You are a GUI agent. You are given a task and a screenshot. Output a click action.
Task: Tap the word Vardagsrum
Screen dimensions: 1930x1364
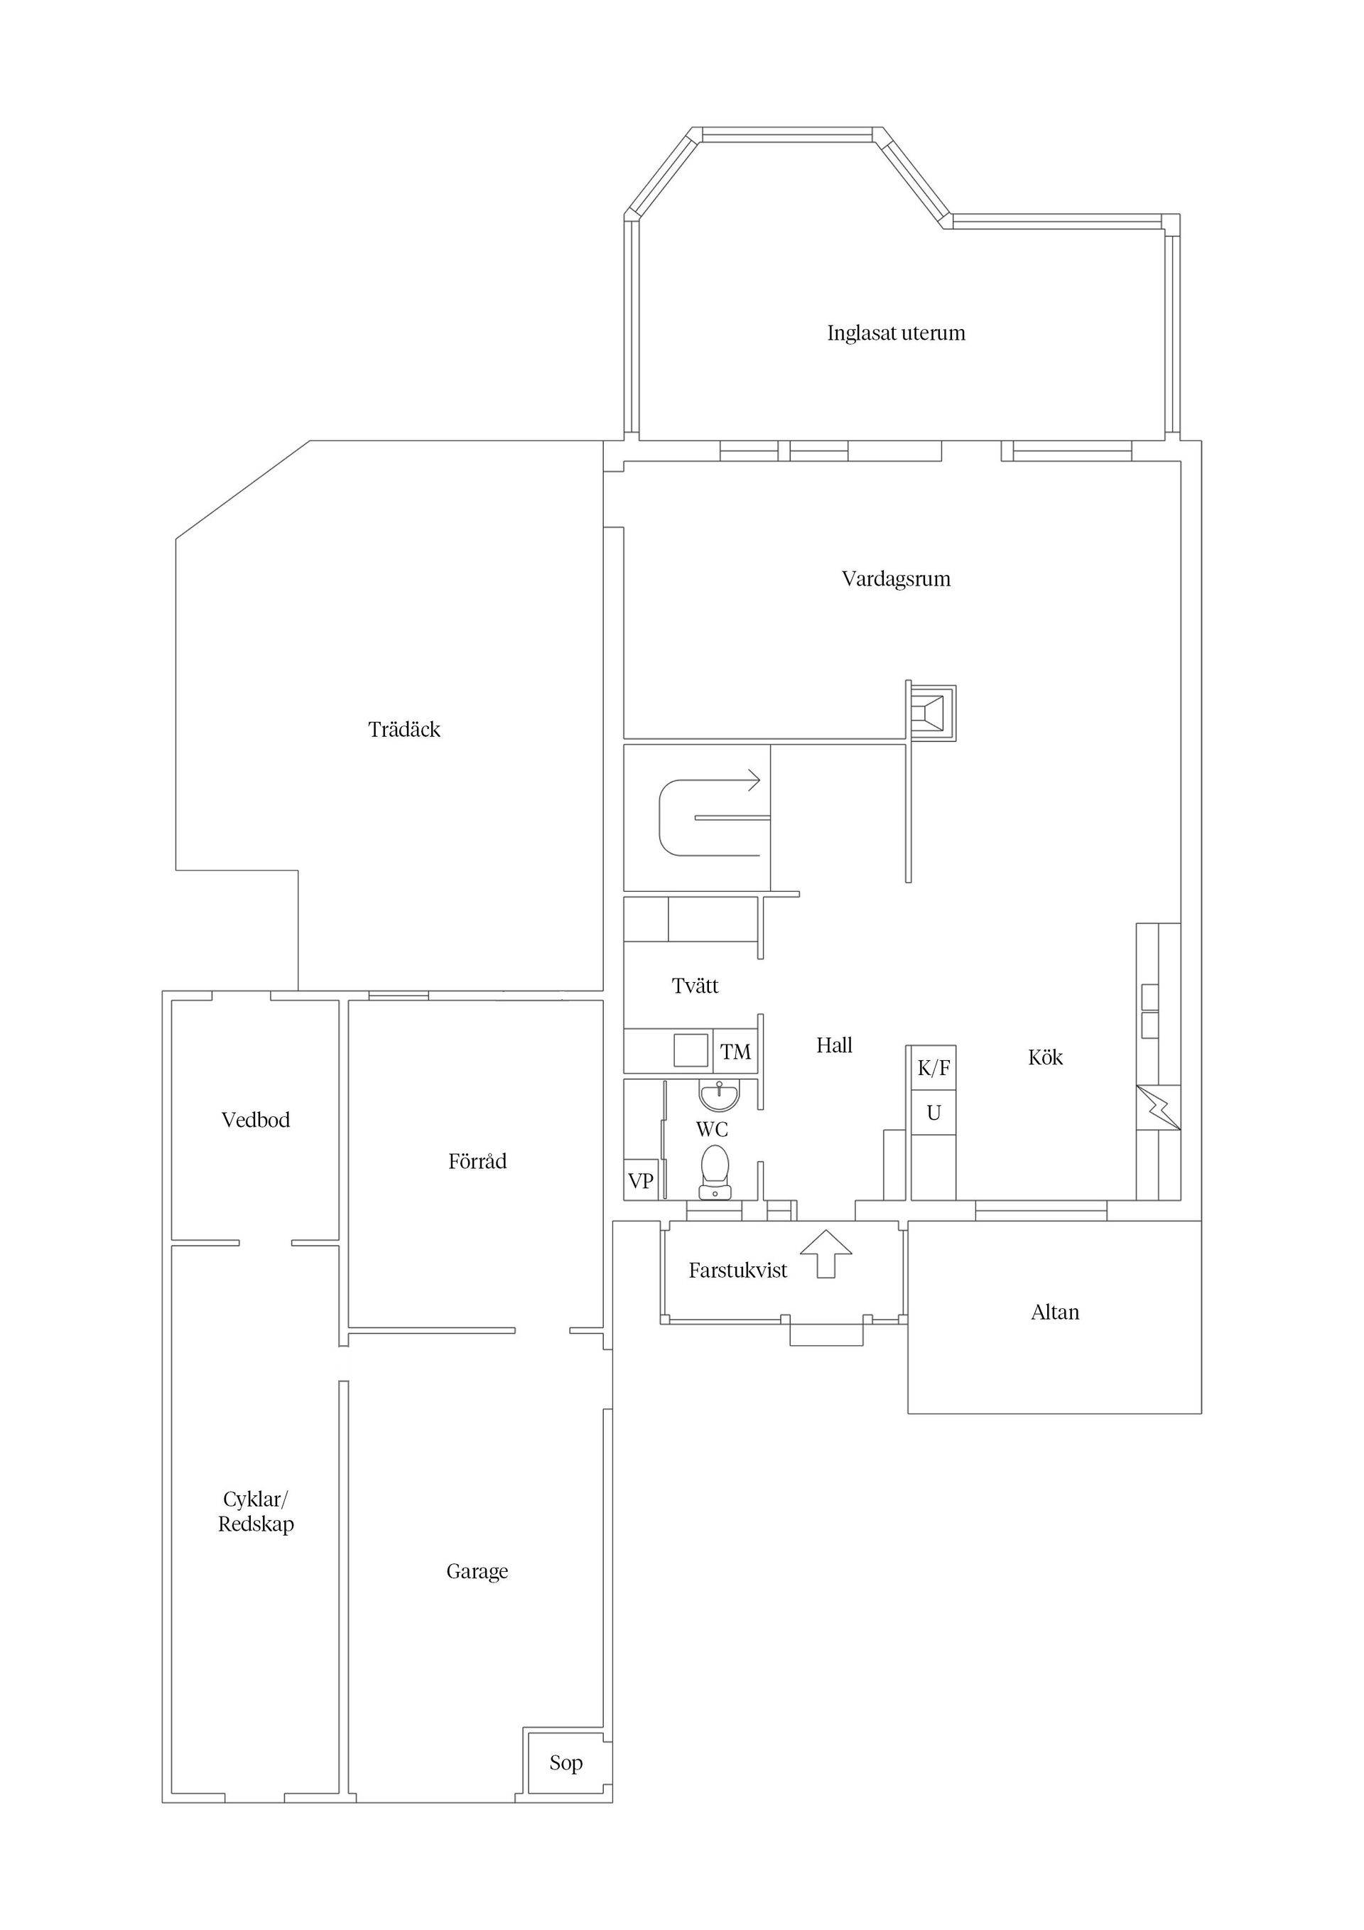click(x=896, y=579)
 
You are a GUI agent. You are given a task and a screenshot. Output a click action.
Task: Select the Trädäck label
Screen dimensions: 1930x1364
click(x=404, y=730)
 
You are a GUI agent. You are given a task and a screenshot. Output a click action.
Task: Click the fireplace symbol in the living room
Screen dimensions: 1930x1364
click(x=931, y=711)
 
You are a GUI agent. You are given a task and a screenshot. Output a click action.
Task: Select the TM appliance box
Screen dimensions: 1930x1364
click(x=735, y=1052)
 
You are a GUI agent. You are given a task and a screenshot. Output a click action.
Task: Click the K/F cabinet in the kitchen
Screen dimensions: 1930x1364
click(x=933, y=1069)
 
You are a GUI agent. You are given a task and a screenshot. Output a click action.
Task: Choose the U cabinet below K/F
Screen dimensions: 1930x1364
click(x=933, y=1113)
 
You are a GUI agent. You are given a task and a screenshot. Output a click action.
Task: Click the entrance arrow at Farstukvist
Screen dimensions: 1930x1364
click(x=826, y=1254)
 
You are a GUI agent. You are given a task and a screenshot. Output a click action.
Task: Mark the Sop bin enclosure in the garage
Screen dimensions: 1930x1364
click(x=566, y=1763)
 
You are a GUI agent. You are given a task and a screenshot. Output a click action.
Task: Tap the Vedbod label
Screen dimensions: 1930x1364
click(x=256, y=1121)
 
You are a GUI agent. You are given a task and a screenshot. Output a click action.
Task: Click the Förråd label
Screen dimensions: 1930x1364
click(x=477, y=1162)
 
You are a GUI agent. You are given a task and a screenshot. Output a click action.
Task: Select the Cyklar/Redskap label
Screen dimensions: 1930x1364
click(x=256, y=1511)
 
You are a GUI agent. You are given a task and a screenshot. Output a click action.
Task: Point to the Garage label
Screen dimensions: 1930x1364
click(x=477, y=1572)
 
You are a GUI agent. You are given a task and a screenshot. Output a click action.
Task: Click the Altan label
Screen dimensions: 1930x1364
click(x=1055, y=1313)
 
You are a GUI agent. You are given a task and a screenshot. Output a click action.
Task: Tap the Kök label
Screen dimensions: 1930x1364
click(x=1046, y=1057)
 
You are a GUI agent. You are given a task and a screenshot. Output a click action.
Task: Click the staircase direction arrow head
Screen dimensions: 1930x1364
click(x=754, y=780)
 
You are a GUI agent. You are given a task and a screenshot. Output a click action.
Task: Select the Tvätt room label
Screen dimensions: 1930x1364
click(x=695, y=986)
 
